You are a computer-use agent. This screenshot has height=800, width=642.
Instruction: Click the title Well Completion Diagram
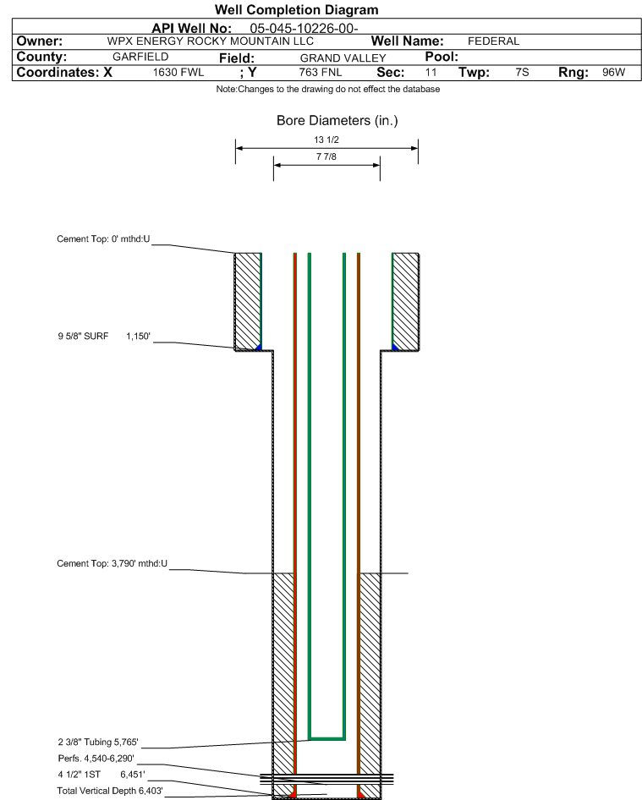(x=296, y=10)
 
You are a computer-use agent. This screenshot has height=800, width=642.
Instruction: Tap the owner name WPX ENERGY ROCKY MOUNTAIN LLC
(x=211, y=41)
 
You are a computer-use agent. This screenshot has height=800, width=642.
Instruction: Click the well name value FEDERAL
(x=493, y=41)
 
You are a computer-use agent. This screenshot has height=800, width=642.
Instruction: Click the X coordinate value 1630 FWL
(x=178, y=73)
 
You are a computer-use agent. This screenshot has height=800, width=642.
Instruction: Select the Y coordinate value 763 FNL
(x=321, y=73)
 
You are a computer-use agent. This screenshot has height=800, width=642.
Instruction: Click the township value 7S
(x=522, y=73)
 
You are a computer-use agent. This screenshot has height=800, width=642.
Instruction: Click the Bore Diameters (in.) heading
(x=337, y=121)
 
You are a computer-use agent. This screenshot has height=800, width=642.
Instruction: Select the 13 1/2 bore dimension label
(x=326, y=140)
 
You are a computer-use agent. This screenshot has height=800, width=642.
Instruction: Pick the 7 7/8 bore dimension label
(x=326, y=157)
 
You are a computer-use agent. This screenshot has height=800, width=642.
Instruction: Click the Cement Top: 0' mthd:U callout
(x=103, y=239)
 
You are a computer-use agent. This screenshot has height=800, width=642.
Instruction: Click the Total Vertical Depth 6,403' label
(x=110, y=790)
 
